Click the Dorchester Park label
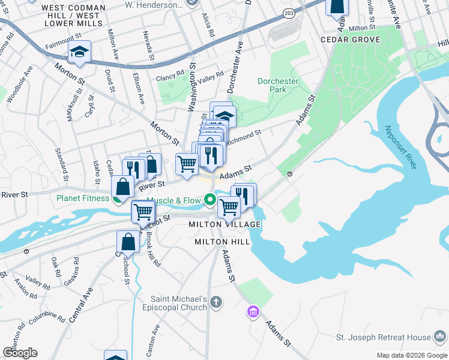[x=278, y=85]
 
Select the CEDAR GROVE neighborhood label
[x=351, y=40]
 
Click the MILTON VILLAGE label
[x=225, y=224]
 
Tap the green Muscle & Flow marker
[x=210, y=199]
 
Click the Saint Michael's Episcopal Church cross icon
[x=216, y=302]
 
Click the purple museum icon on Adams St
[x=253, y=311]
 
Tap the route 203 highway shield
[x=290, y=13]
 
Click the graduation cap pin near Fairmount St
[x=79, y=53]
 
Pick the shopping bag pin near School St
[x=129, y=241]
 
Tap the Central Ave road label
[x=81, y=305]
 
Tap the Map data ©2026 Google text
[x=411, y=355]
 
